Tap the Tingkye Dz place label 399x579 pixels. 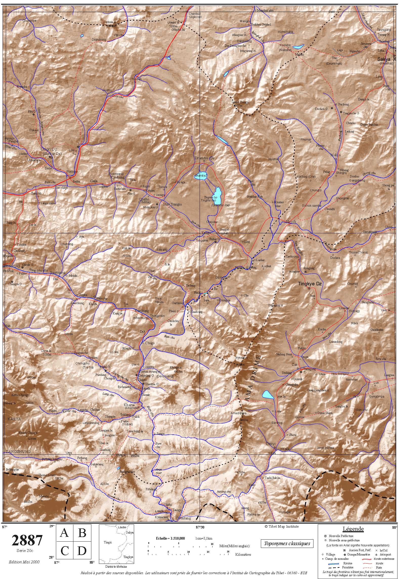click(x=310, y=284)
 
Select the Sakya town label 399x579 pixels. click(x=384, y=59)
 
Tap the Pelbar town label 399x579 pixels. click(x=72, y=172)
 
